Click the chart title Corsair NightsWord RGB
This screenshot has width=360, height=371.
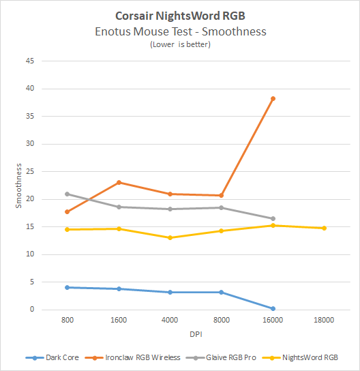(180, 15)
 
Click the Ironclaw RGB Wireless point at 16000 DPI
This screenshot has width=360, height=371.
(273, 98)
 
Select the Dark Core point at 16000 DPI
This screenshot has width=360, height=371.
(273, 308)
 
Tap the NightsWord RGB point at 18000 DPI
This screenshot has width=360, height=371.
(324, 228)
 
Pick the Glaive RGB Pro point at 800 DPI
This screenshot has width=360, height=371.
(67, 194)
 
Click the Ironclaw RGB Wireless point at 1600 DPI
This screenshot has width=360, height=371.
(119, 182)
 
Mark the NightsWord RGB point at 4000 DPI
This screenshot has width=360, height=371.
(170, 237)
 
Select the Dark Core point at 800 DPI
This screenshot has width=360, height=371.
(67, 287)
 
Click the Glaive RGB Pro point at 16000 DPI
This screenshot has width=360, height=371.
(273, 218)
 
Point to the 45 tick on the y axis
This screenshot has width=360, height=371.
(29, 61)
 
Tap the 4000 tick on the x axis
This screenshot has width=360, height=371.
(170, 318)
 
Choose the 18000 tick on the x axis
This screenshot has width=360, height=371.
(324, 318)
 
